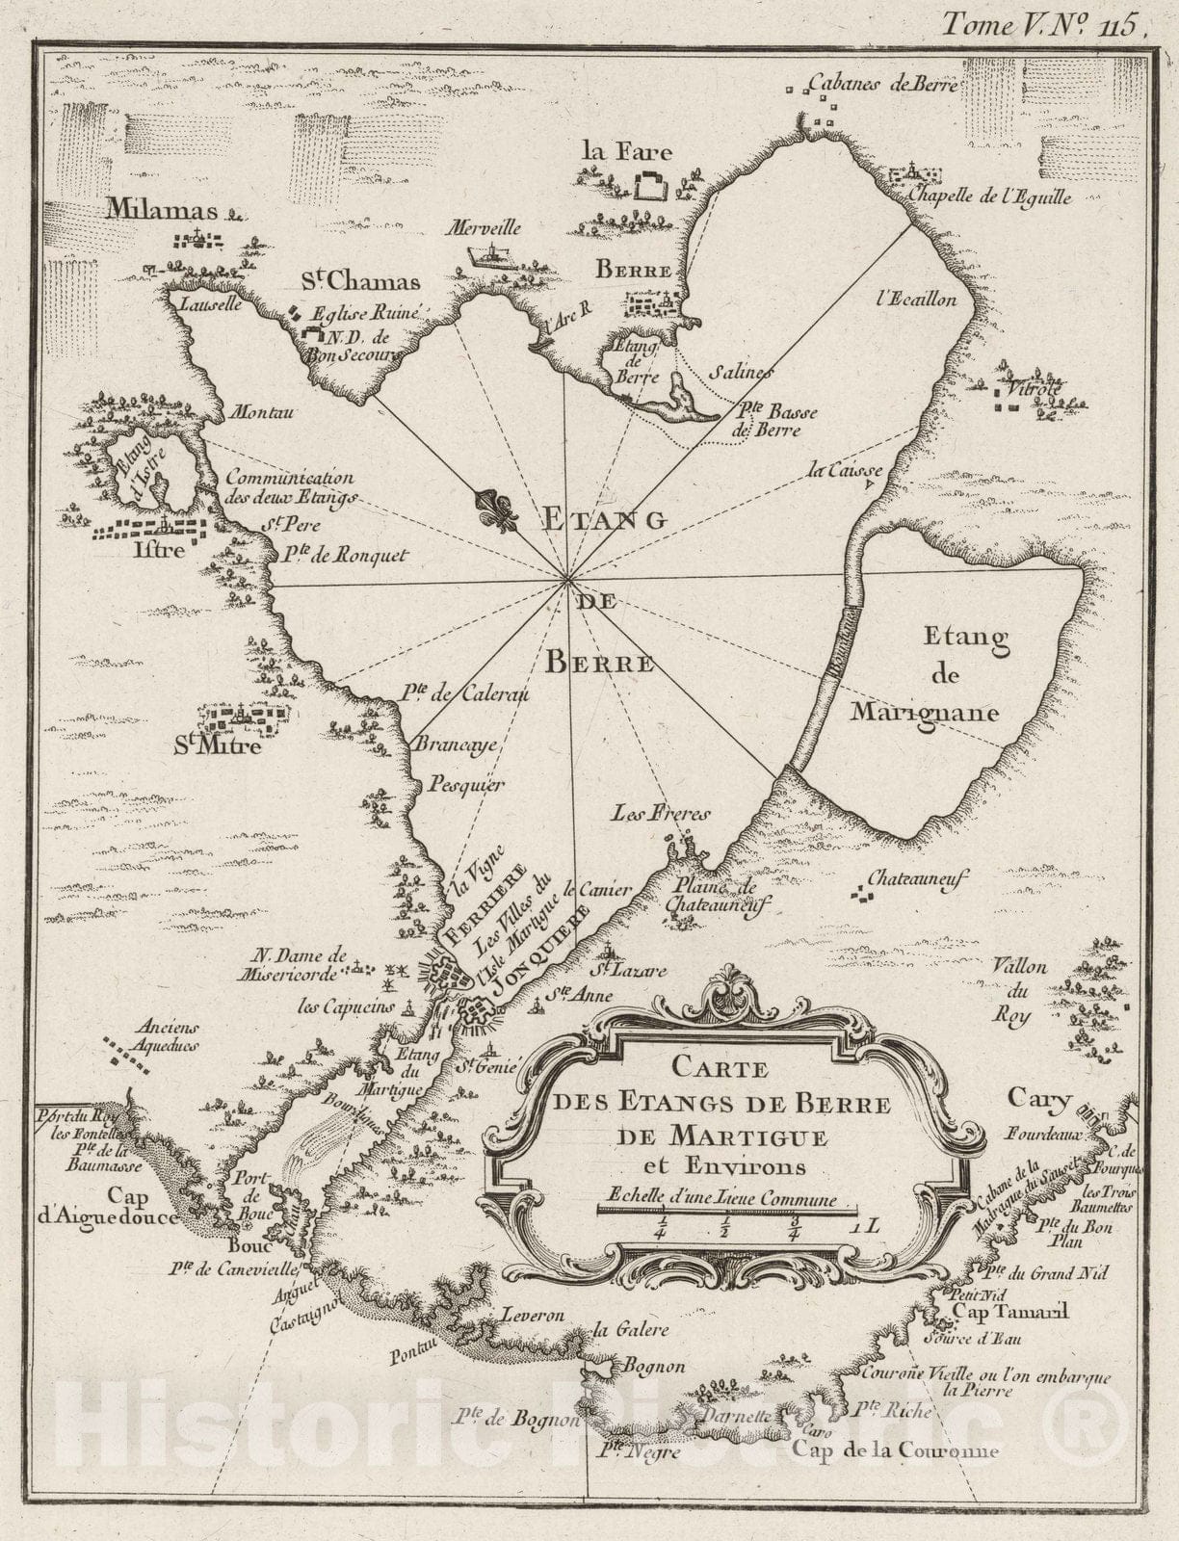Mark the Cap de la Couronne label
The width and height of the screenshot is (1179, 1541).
[x=895, y=1451]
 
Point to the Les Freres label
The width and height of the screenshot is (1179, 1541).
[x=661, y=814]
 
